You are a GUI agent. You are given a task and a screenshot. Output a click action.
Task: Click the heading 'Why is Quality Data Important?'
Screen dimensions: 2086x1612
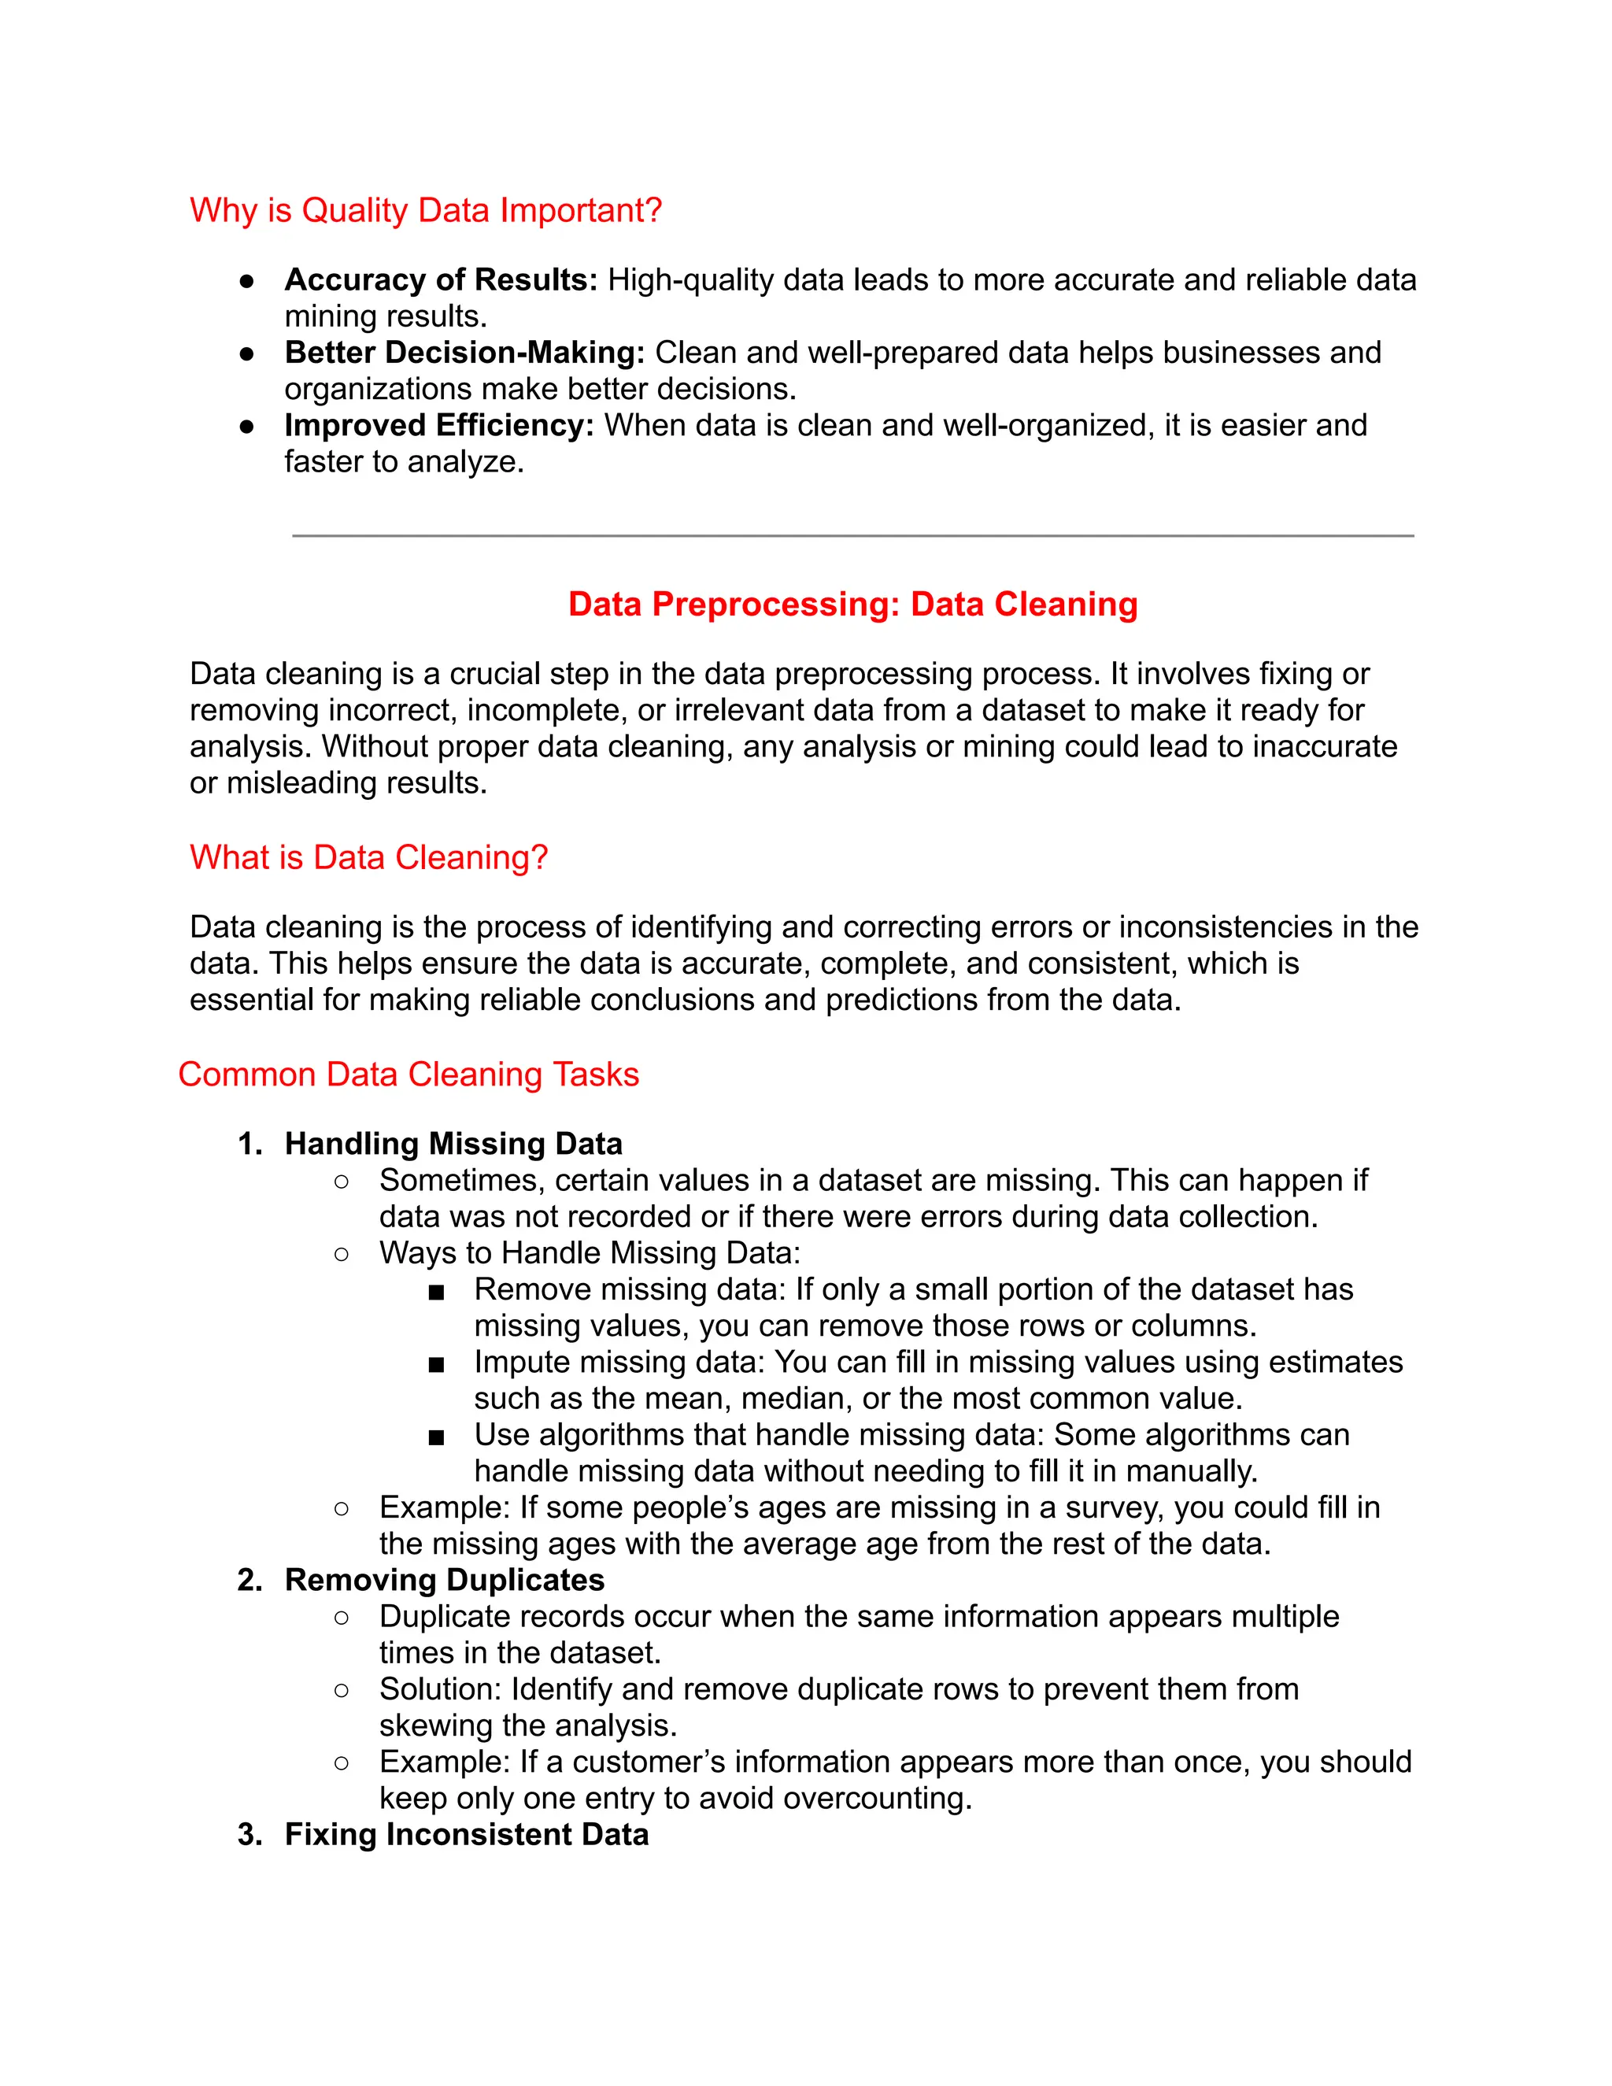tap(425, 210)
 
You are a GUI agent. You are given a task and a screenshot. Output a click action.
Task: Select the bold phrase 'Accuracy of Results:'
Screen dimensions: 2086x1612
tap(440, 280)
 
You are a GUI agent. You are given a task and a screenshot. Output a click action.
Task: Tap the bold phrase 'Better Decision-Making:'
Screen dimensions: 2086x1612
tap(464, 353)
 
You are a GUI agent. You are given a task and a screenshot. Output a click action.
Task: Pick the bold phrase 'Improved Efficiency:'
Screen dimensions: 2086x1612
tap(438, 425)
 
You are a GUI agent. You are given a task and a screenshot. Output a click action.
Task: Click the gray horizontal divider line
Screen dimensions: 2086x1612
tap(852, 536)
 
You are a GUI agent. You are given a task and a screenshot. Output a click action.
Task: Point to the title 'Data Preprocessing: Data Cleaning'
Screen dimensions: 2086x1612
tap(852, 605)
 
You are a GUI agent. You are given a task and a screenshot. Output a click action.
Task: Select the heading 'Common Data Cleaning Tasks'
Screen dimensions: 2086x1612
tap(408, 1074)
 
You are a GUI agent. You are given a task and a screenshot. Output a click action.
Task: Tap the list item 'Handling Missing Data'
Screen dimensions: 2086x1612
tap(453, 1145)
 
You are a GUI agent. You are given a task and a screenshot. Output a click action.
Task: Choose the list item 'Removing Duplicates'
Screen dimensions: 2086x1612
tap(444, 1580)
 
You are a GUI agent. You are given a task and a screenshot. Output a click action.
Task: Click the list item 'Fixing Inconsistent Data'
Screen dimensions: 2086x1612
tap(466, 1834)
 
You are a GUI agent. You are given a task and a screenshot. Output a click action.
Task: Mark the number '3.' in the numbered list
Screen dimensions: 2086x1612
tap(250, 1834)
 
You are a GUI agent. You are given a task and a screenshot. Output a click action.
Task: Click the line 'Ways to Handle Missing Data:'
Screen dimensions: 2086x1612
tap(590, 1253)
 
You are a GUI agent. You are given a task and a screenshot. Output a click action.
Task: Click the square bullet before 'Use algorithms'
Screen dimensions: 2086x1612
tap(436, 1437)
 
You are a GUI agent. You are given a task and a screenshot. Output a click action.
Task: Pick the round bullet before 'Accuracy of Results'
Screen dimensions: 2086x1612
tap(246, 281)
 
